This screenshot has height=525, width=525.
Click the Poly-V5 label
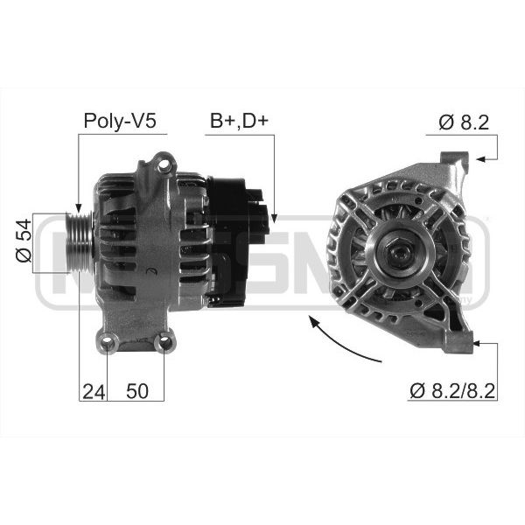pyautogui.click(x=120, y=121)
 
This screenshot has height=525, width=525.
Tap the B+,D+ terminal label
pyautogui.click(x=239, y=121)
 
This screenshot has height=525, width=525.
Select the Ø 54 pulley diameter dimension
pyautogui.click(x=24, y=241)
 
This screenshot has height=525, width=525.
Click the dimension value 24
pyautogui.click(x=94, y=391)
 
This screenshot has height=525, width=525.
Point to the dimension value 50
pyautogui.click(x=137, y=391)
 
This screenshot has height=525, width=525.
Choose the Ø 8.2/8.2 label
pyautogui.click(x=452, y=390)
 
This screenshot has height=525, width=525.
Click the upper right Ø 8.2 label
pyautogui.click(x=464, y=122)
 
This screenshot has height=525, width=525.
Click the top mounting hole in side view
pyautogui.click(x=164, y=164)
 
